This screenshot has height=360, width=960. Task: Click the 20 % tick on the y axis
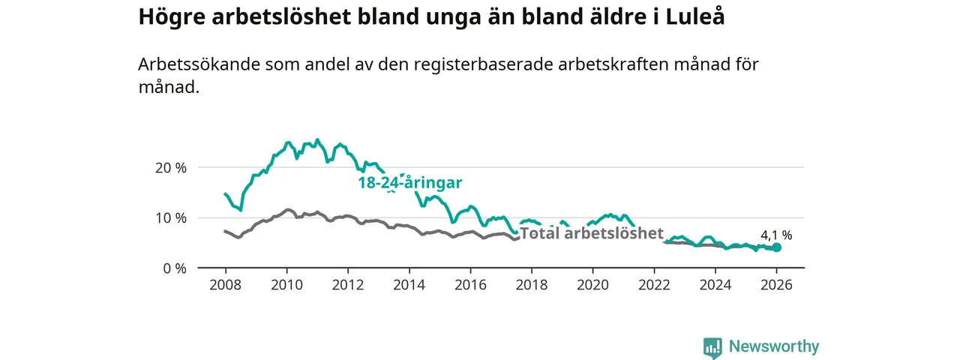point(171,167)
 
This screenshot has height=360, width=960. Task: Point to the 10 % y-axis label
point(171,217)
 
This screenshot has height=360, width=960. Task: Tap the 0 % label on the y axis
point(175,268)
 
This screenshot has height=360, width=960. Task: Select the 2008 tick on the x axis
point(225,285)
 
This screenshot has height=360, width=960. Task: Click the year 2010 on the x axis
point(286,285)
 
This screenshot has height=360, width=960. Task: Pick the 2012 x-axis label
point(348,285)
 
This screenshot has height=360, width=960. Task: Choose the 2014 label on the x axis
point(409,285)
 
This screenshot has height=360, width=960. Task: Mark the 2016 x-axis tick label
point(470,285)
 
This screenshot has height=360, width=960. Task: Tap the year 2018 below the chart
point(532,285)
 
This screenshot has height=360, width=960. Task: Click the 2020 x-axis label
point(592,285)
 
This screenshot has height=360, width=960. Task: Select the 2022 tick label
point(654,285)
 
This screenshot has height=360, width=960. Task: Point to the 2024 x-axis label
point(715,285)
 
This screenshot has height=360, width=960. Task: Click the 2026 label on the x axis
point(776,285)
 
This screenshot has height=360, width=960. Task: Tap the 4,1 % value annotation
point(776,235)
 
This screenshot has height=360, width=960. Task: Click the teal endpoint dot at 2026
point(776,247)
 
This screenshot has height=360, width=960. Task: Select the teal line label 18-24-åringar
point(409,183)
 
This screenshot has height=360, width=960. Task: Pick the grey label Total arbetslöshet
point(592,233)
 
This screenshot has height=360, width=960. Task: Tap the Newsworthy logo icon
point(712,347)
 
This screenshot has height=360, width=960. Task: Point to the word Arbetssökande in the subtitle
point(196,64)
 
